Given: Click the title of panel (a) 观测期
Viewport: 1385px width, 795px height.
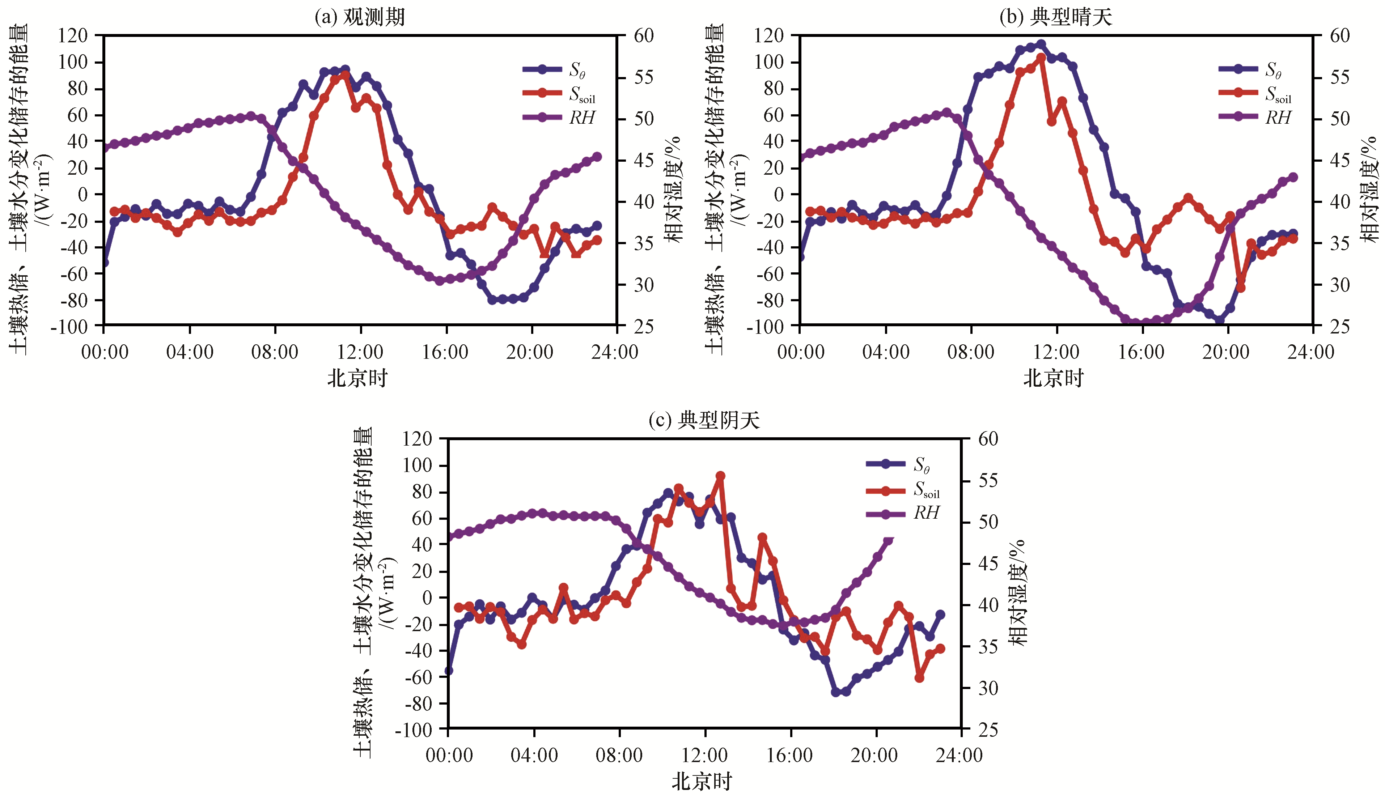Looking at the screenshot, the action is pos(360,17).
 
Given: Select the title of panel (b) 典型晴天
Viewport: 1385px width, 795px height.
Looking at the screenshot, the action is pos(1056,17).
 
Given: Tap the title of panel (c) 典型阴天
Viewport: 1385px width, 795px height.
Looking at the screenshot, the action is pos(704,420).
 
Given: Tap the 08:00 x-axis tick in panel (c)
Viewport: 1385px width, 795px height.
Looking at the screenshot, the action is pos(619,755).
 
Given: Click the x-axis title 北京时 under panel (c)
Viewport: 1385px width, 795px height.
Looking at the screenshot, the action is pos(702,781).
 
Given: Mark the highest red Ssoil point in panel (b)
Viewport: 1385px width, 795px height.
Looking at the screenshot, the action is pos(1041,58).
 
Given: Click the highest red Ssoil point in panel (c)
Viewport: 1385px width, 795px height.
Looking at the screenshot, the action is pos(720,476).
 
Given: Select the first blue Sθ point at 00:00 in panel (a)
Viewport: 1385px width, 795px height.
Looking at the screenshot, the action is pos(104,263).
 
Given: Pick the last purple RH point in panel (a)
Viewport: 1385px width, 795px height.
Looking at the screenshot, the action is pos(597,157).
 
